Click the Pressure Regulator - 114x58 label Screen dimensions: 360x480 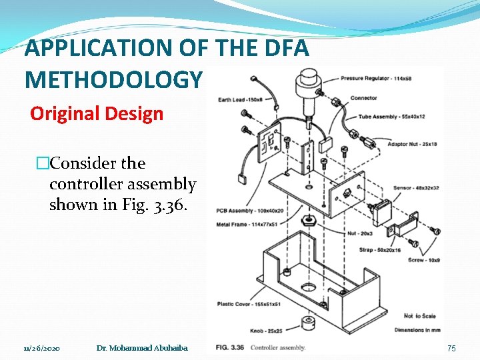(376, 78)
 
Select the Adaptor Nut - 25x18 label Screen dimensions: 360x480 (399, 144)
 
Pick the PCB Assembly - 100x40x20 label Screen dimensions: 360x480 (240, 211)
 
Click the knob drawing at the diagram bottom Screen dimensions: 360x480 (307, 323)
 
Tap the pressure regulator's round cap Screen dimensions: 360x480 (309, 82)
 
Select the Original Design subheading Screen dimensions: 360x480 (97, 113)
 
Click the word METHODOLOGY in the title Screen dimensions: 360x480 (112, 80)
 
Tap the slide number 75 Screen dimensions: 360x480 (451, 348)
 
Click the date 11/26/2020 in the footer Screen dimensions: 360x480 (42, 348)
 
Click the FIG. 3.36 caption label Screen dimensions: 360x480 (231, 347)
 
